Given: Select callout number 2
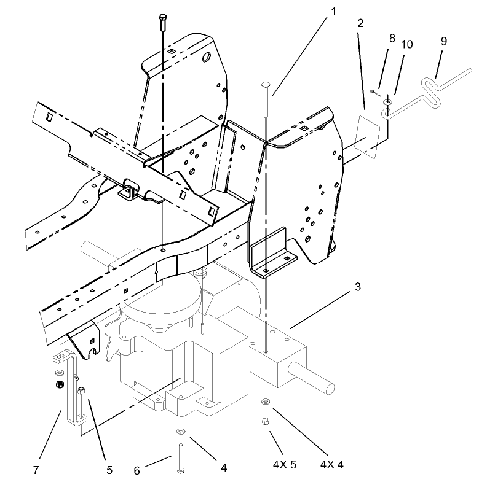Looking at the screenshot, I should [360, 23].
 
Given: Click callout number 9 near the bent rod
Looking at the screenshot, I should [444, 42].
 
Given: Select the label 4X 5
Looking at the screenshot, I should [284, 465].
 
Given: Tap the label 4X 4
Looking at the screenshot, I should [332, 465].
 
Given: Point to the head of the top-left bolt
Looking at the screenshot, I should [163, 17].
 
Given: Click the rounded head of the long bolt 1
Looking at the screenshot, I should [266, 84].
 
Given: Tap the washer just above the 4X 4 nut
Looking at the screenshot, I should [266, 402].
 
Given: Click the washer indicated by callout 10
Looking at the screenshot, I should [387, 101].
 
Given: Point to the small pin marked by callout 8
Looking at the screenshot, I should [374, 92].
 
